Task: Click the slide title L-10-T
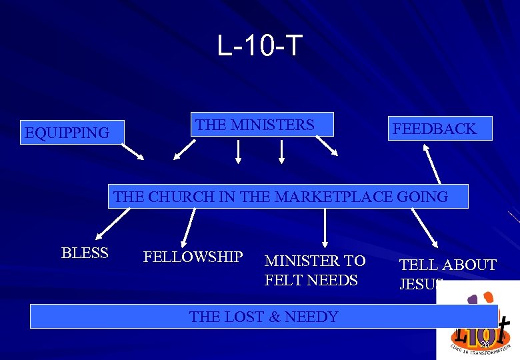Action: click(259, 46)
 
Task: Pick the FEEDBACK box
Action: click(440, 129)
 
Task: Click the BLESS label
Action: click(84, 253)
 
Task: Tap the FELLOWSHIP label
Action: click(193, 257)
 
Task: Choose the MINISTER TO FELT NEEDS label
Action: click(315, 270)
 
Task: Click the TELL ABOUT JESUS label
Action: click(447, 274)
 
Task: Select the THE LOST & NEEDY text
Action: click(263, 317)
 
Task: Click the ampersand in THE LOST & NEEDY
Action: click(274, 317)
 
